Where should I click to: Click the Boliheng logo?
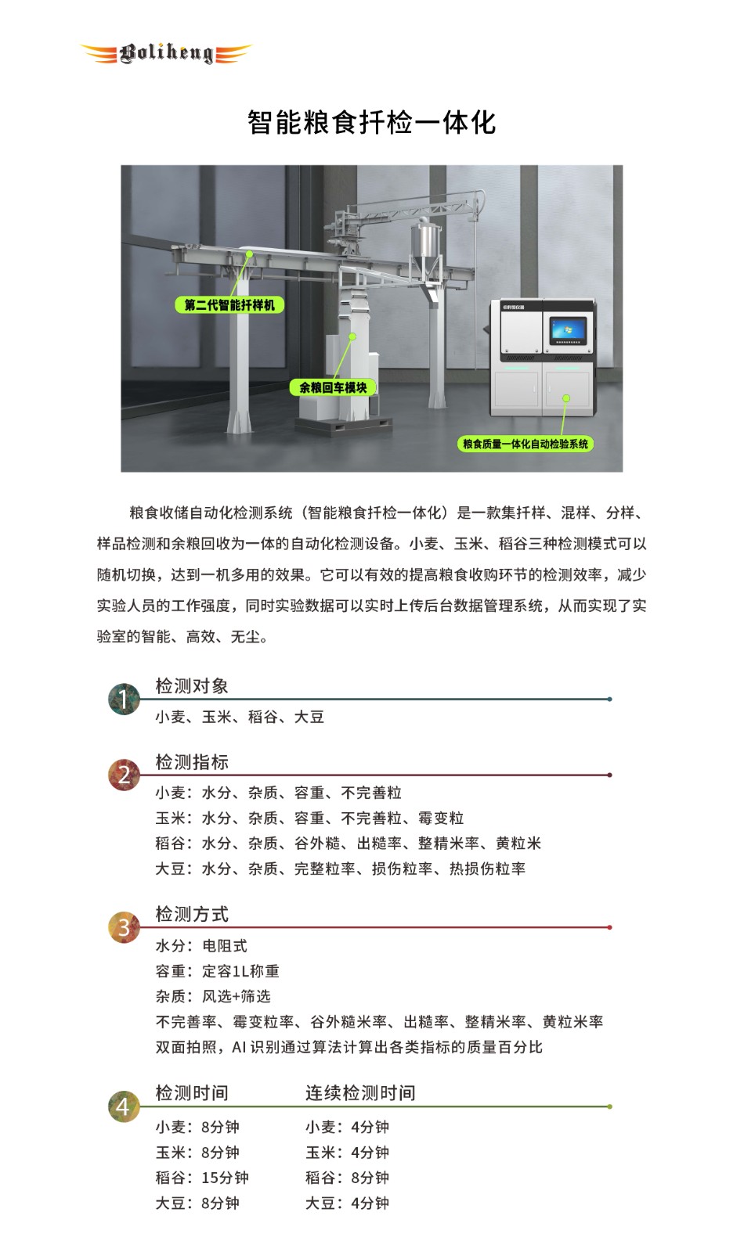tap(166, 54)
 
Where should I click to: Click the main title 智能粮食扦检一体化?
tap(371, 122)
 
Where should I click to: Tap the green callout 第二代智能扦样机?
tap(229, 305)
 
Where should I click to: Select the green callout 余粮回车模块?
tap(333, 387)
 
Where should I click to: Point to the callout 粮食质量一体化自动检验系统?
tap(525, 444)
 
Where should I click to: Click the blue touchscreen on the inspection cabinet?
tap(569, 330)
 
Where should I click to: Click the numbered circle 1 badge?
tap(125, 699)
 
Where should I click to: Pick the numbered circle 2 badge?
tap(125, 775)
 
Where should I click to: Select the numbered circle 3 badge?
tap(125, 927)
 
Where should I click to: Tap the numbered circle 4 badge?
tap(125, 1106)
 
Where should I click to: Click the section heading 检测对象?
tap(192, 685)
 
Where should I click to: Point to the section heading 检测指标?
tap(192, 762)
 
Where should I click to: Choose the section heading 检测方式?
tap(192, 915)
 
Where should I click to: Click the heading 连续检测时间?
tap(360, 1092)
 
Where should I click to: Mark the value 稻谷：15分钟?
tap(202, 1178)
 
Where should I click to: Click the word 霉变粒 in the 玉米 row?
tap(441, 818)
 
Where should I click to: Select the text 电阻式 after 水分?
tap(225, 946)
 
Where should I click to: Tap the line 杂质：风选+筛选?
tap(213, 996)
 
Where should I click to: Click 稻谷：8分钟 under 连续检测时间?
tap(347, 1178)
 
